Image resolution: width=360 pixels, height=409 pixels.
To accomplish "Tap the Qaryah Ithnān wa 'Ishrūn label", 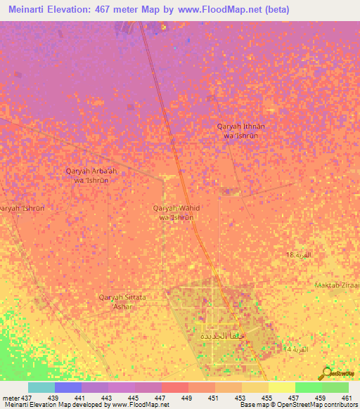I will coord(240,131).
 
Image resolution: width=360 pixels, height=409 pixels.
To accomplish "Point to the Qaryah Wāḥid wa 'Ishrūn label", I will coord(176,212).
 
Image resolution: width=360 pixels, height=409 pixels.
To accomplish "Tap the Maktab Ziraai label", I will coord(338,285).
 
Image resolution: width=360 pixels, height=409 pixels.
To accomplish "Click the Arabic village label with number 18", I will coord(297,254).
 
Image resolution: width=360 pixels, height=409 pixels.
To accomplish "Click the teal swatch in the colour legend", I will coord(41,387).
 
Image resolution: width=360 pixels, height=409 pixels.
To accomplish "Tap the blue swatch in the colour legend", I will coord(68,387).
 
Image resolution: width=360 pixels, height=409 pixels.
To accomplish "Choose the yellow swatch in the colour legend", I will coord(281,387).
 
